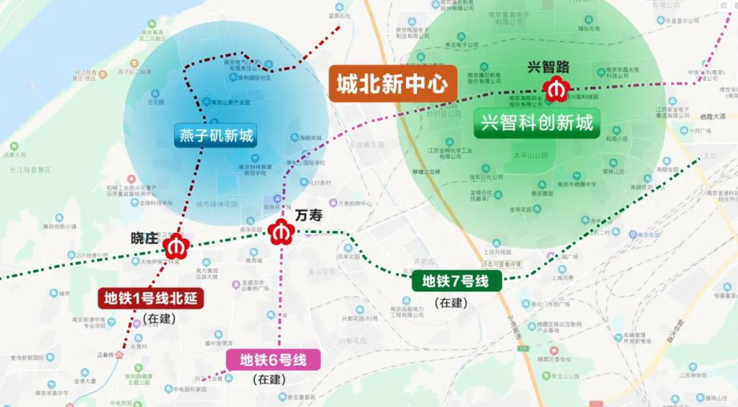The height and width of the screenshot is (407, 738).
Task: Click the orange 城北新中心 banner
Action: click(392, 84)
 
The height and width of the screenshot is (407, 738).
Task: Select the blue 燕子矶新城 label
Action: click(216, 136)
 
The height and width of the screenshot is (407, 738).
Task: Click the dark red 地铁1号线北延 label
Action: click(150, 298)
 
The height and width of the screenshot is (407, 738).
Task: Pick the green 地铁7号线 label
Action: click(456, 280)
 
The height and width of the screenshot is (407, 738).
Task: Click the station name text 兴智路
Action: click(547, 66)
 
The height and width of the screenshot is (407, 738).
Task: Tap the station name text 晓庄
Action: click(144, 239)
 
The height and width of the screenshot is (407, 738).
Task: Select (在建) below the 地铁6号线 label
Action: click(269, 379)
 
